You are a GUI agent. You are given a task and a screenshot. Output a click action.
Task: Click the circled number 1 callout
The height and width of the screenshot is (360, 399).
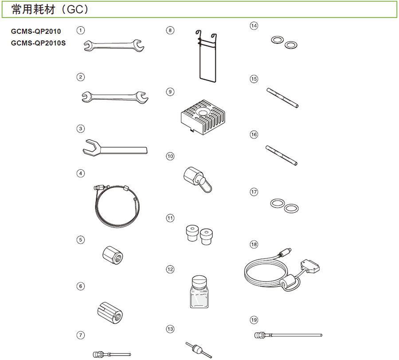pyautogui.click(x=81, y=31)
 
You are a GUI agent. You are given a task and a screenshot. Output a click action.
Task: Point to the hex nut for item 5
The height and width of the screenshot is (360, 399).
pyautogui.click(x=113, y=255)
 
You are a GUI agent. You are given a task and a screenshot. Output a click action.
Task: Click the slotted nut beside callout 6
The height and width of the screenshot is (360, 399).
pyautogui.click(x=110, y=313)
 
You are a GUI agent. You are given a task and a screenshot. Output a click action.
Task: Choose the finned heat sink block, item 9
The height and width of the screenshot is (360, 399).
pyautogui.click(x=203, y=117)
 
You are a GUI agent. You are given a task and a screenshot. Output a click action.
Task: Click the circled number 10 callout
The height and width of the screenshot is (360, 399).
pyautogui.click(x=170, y=156)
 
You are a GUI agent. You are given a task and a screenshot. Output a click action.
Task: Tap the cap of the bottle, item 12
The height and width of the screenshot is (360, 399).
pyautogui.click(x=199, y=282)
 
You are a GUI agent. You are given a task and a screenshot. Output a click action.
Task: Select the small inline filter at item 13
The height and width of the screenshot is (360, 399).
pyautogui.click(x=199, y=349)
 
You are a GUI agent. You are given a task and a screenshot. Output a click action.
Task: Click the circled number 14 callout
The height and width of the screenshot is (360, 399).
pyautogui.click(x=254, y=26)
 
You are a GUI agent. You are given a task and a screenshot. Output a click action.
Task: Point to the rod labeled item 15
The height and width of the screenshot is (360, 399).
pyautogui.click(x=282, y=98)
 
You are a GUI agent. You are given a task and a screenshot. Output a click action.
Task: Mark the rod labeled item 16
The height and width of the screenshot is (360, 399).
pyautogui.click(x=282, y=156)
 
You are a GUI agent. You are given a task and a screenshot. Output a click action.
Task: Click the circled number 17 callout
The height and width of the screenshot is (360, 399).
pyautogui.click(x=254, y=192)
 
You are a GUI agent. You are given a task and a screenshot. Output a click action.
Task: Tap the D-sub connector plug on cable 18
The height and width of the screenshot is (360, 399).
pyautogui.click(x=310, y=266)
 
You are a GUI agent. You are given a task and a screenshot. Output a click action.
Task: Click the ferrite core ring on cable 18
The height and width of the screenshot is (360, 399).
pyautogui.click(x=290, y=283)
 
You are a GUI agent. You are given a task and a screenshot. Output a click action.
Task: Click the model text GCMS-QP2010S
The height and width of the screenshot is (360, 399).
pyautogui.click(x=38, y=43)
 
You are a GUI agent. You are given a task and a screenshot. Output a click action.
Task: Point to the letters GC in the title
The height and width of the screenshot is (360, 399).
pyautogui.click(x=75, y=9)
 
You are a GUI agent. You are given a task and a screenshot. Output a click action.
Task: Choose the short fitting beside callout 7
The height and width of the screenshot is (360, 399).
pyautogui.click(x=112, y=354)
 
